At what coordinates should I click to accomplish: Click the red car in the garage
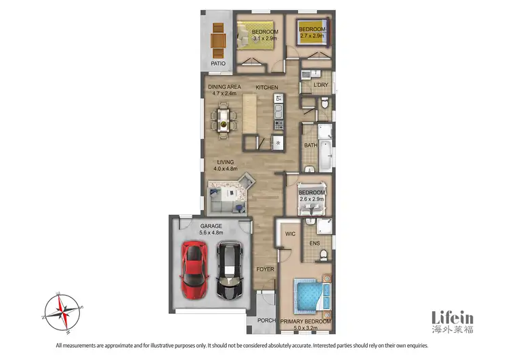coord(193,271)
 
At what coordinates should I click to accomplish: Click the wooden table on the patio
coord(217,41)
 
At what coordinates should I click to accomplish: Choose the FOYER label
coord(265,269)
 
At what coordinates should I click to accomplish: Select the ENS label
coord(314,243)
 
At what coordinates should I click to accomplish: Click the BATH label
coord(310,145)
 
